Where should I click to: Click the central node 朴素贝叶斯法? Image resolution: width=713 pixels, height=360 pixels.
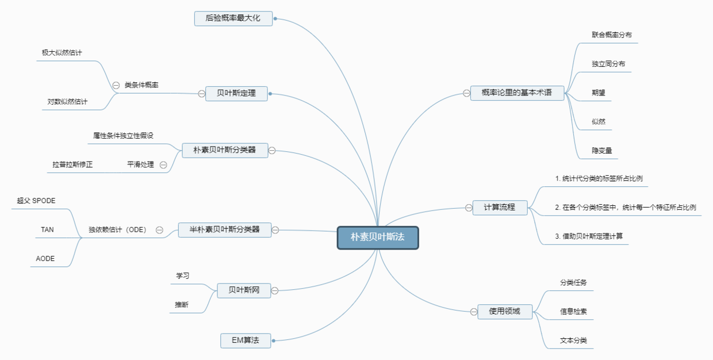coord(378,238)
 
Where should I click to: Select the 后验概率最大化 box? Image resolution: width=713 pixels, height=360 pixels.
coord(233,18)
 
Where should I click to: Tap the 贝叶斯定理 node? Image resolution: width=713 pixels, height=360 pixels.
coord(236,93)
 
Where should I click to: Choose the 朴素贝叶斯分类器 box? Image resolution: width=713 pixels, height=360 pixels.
coord(225,151)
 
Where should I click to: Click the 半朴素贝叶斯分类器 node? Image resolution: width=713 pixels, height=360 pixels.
coord(224,229)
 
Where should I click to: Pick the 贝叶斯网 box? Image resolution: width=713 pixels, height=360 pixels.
coord(244,290)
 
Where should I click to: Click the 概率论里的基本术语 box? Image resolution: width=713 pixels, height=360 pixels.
coord(517,93)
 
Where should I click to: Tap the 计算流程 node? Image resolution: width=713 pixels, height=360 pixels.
coord(500,208)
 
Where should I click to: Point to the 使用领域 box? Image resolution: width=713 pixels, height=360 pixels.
coord(504,312)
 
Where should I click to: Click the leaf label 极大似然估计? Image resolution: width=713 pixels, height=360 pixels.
coord(62,53)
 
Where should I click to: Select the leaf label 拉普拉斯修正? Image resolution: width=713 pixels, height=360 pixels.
coord(72,164)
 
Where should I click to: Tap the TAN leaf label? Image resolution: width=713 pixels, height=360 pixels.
coord(47,229)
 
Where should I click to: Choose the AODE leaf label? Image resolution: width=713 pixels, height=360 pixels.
coord(45,259)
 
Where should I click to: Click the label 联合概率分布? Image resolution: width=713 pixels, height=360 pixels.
coord(612,35)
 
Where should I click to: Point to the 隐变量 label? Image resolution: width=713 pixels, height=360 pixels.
coord(601,151)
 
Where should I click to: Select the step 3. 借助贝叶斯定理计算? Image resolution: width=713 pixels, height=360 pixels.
coord(589,236)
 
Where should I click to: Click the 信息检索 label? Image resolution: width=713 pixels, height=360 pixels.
coord(573,312)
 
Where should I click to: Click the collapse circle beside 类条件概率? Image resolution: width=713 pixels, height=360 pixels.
coord(116,85)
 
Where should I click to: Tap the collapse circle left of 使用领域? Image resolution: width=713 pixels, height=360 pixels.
coord(473,312)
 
